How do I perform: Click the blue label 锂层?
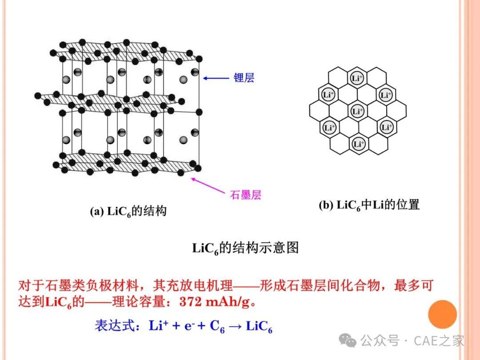pos(244,78)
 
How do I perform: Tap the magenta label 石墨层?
pos(245,195)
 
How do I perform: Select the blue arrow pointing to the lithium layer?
pos(216,78)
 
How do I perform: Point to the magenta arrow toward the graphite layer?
pos(208,185)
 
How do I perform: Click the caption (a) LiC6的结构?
pos(128,212)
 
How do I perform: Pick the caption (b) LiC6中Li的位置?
pos(369,205)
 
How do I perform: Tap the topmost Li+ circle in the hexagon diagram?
pos(356,78)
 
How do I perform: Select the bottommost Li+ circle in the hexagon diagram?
pos(359,144)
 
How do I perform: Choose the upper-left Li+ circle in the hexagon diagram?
pos(328,95)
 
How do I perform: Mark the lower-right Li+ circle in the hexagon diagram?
pos(387,127)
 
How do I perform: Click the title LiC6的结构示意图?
pos(245,248)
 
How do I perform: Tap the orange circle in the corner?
pos(442,314)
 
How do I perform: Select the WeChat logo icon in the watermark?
pos(348,340)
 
